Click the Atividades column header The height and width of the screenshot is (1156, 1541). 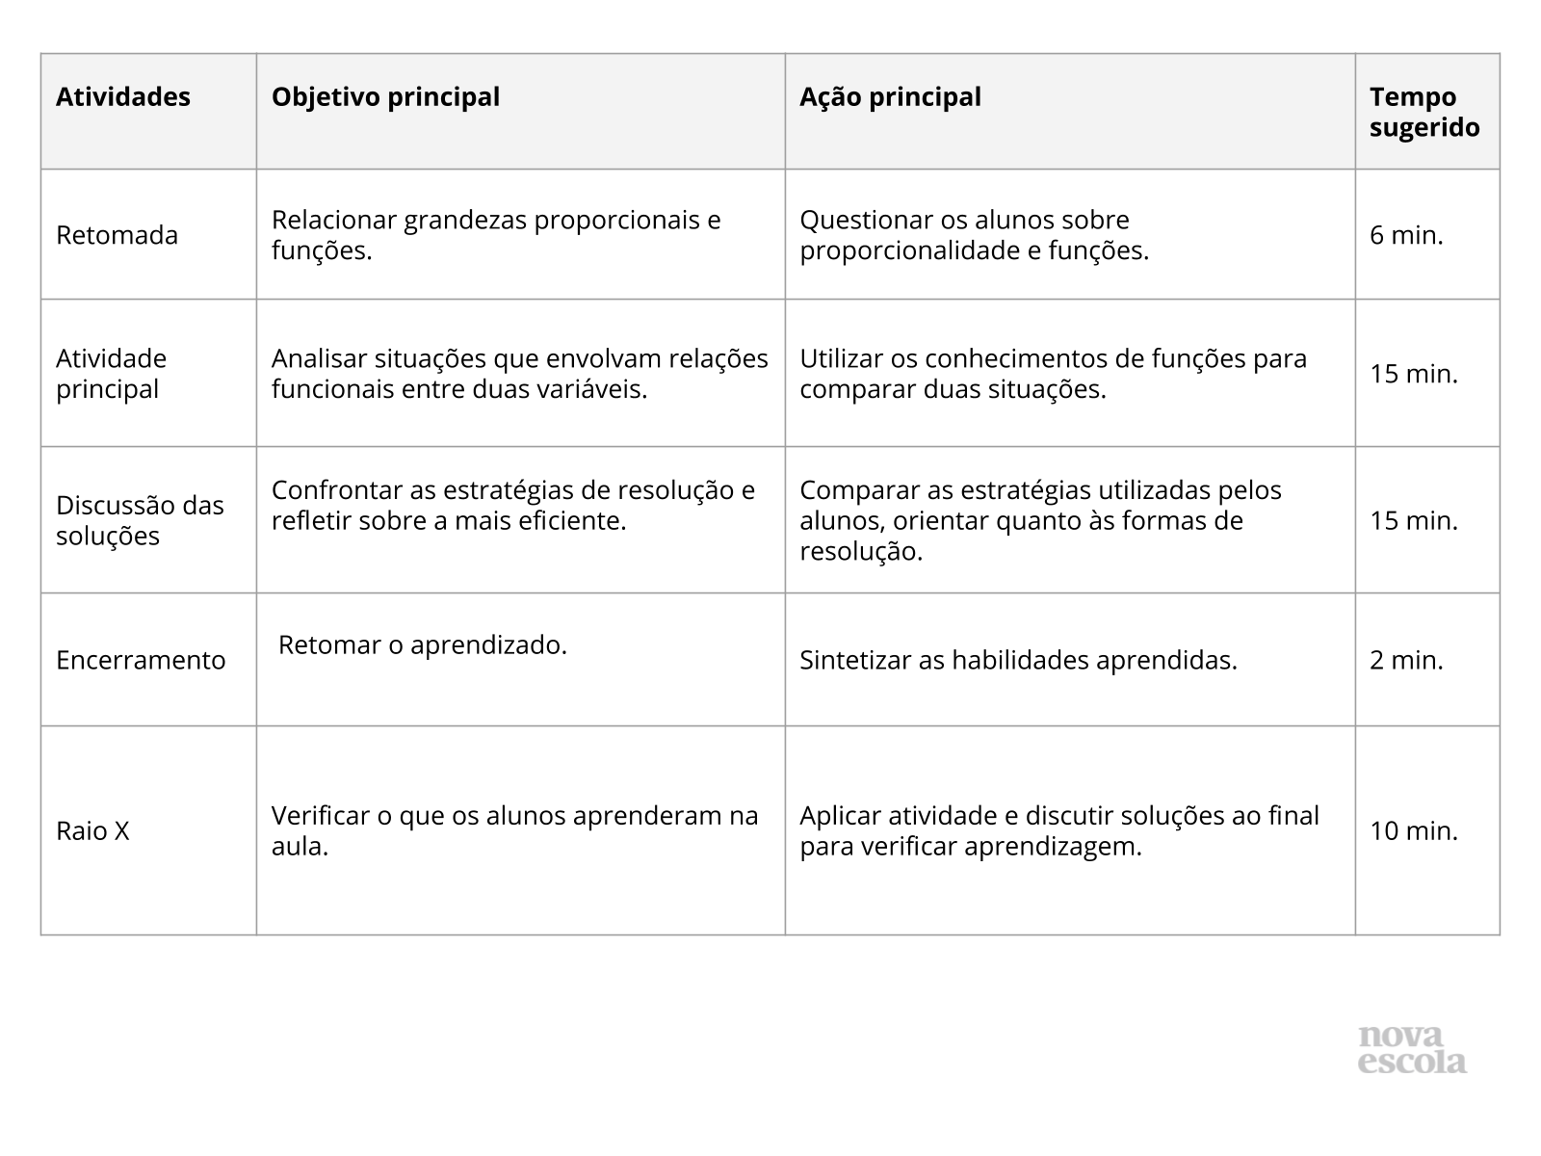pyautogui.click(x=123, y=97)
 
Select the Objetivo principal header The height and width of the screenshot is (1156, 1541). pyautogui.click(x=385, y=97)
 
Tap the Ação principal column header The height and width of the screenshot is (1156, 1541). pyautogui.click(x=890, y=97)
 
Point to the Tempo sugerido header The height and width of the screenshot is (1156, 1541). pyautogui.click(x=1424, y=113)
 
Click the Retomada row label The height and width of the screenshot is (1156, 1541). pyautogui.click(x=117, y=236)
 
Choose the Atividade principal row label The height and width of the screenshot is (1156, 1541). pyautogui.click(x=111, y=374)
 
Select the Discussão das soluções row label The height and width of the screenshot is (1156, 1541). pyautogui.click(x=140, y=520)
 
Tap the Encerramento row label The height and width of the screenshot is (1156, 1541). pyautogui.click(x=141, y=660)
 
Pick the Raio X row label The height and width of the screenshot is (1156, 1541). pyautogui.click(x=92, y=831)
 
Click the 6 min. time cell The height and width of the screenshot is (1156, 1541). pyautogui.click(x=1406, y=236)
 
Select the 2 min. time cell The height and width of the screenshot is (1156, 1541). pyautogui.click(x=1406, y=660)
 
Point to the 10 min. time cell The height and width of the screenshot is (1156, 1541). pyautogui.click(x=1414, y=831)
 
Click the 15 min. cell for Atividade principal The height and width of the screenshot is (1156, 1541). pyautogui.click(x=1414, y=374)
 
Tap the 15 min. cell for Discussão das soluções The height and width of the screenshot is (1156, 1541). pyautogui.click(x=1414, y=520)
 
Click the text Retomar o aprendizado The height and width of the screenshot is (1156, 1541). pyautogui.click(x=423, y=644)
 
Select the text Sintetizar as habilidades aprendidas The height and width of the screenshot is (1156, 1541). pyautogui.click(x=1018, y=660)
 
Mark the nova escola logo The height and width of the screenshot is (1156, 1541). pyautogui.click(x=1412, y=1050)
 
